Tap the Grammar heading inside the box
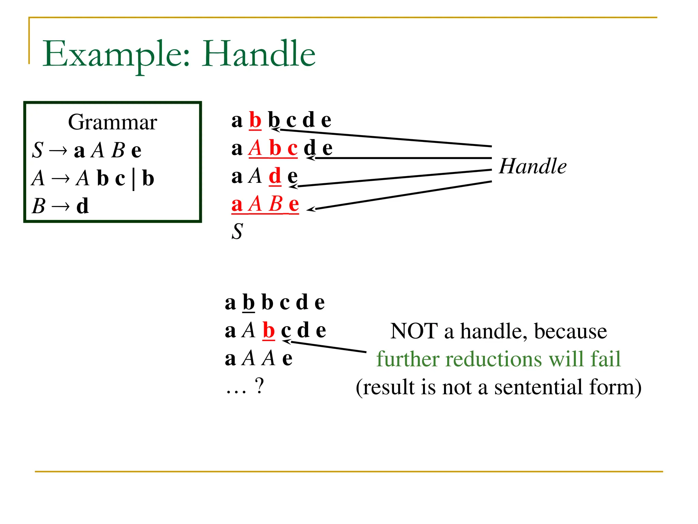point(112,122)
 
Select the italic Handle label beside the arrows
point(532,166)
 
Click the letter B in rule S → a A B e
point(118,150)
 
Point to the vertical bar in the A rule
point(133,179)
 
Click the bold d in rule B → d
point(82,206)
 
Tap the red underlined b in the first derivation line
point(255,120)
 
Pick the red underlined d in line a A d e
point(275,176)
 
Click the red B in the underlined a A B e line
point(275,204)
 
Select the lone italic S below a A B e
point(237,232)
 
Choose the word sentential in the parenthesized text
point(538,388)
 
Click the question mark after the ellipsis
point(259,387)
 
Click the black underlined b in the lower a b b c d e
point(248,303)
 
